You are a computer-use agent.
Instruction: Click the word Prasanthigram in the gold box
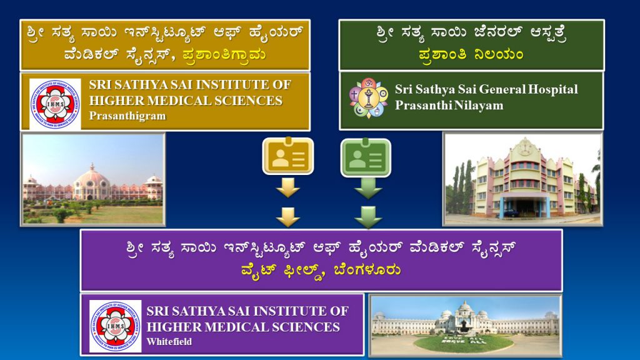pos(127,116)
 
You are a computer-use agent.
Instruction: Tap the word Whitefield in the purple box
pos(169,341)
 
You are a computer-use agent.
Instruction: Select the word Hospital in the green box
pos(552,89)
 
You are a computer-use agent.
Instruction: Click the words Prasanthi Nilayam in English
pos(449,105)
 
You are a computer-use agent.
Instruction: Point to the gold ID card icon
pos(288,156)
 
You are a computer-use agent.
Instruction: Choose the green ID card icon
pos(366,157)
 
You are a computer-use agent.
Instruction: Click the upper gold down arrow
pos(288,187)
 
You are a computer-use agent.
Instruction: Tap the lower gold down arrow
pos(288,217)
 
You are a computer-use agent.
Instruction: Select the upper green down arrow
pos(368,188)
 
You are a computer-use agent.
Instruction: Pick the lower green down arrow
pos(368,217)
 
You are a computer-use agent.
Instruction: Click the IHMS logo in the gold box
pos(55,104)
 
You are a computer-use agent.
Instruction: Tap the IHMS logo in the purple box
pos(116,326)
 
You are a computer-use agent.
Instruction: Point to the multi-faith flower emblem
pos(369,98)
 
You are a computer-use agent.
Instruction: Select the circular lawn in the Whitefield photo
pos(464,343)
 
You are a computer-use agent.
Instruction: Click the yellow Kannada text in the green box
pos(471,54)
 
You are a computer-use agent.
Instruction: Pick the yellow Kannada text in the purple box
pos(321,270)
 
